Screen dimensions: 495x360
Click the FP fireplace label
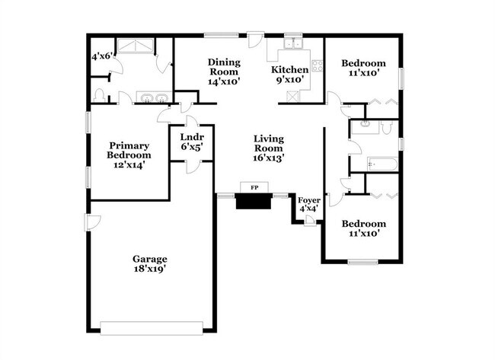point(254,188)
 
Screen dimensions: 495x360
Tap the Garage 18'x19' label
point(149,264)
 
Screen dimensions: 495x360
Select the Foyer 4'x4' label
point(309,204)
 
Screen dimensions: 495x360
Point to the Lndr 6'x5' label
point(192,142)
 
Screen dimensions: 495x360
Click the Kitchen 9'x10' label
point(290,74)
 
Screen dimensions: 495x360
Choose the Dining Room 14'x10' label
point(224,72)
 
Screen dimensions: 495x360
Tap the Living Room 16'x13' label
point(269,148)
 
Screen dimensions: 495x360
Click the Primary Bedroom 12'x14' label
point(129,155)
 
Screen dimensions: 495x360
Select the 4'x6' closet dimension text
point(102,56)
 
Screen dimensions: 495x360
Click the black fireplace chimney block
point(254,201)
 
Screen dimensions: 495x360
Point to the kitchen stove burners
point(318,65)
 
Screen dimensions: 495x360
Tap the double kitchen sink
point(293,43)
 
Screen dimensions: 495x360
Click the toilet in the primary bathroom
point(100,95)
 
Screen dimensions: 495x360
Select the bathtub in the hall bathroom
point(382,164)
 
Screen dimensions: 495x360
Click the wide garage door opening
point(152,328)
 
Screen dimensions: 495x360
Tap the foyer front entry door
point(310,221)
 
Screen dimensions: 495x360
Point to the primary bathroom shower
point(136,46)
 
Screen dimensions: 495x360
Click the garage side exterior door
point(92,222)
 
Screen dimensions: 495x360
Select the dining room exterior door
point(255,40)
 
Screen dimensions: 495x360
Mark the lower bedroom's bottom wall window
point(363,262)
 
